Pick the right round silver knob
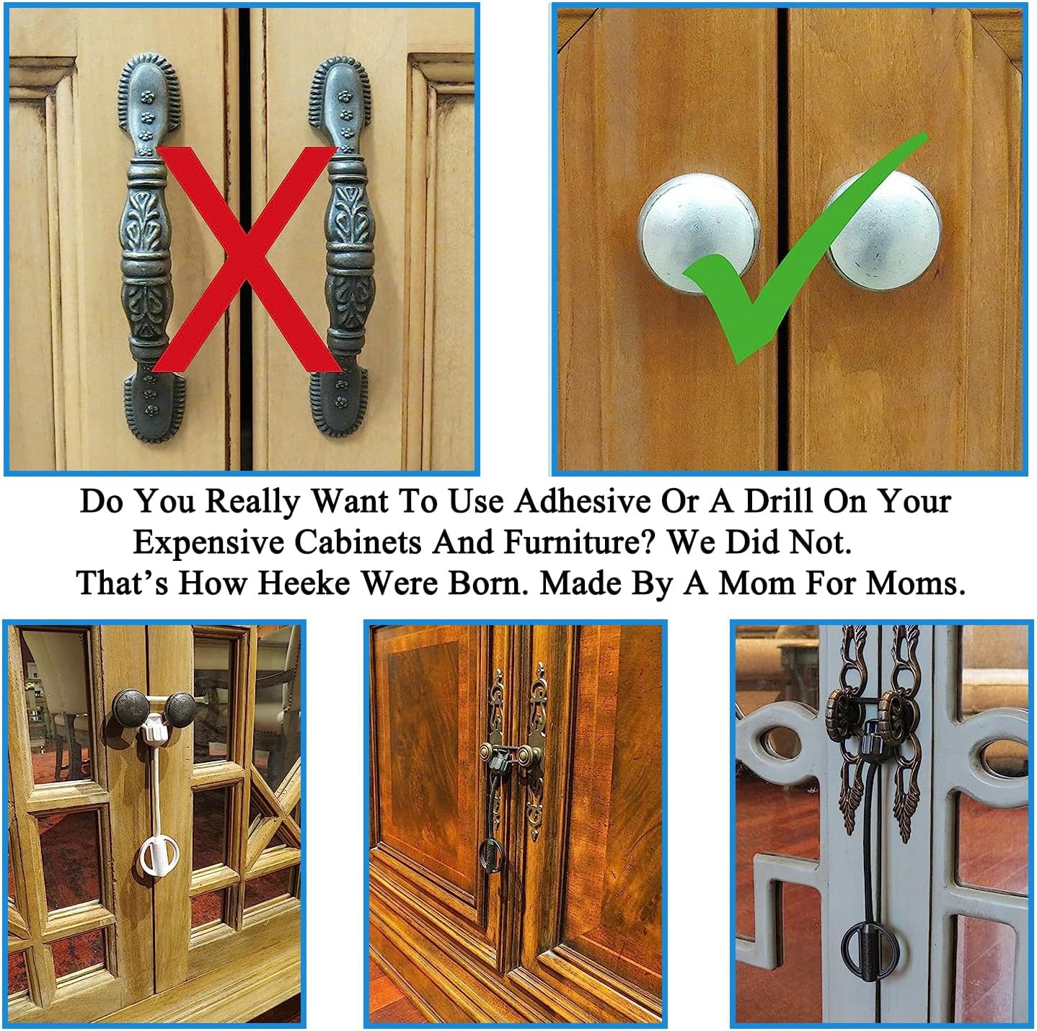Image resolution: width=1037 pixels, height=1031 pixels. [x=883, y=231]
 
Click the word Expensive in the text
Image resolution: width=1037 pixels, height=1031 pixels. [x=208, y=542]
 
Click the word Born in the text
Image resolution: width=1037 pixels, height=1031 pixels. [x=487, y=583]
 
